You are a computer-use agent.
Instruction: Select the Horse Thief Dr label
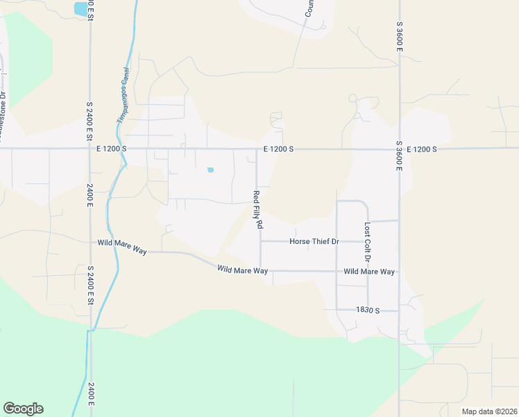[313, 242]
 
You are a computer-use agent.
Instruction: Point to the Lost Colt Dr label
[367, 243]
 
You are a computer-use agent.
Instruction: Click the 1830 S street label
[368, 310]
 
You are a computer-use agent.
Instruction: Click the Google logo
[23, 409]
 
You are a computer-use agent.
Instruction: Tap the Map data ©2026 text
[488, 411]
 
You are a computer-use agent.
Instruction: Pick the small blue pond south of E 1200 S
[210, 170]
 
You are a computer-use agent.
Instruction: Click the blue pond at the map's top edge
[81, 9]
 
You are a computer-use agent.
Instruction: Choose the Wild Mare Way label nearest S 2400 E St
[122, 243]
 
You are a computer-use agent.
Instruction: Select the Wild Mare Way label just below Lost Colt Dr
[369, 272]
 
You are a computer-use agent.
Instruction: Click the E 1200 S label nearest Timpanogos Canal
[112, 149]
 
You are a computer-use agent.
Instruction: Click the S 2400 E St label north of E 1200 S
[90, 119]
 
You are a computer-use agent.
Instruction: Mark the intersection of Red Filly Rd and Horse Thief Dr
[260, 242]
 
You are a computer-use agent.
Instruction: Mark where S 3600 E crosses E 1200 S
[399, 149]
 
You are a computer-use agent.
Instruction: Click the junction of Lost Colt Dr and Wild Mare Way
[368, 271]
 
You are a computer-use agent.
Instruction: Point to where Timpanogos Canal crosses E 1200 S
[126, 149]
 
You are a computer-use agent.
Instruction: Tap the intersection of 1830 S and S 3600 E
[399, 311]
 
